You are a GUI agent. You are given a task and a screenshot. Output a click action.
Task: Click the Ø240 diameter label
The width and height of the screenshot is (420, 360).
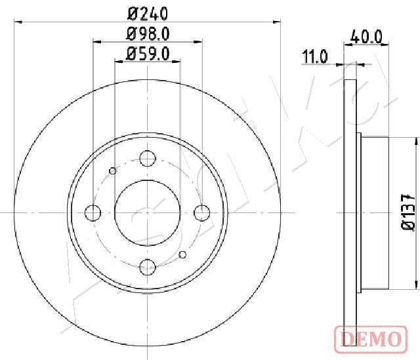point(148,14)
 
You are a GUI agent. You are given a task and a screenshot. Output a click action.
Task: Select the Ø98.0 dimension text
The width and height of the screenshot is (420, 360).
point(148,34)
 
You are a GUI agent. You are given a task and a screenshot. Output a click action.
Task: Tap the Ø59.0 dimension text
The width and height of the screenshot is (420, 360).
point(148,54)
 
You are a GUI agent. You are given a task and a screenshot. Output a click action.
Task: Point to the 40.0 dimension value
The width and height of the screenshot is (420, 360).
point(366,37)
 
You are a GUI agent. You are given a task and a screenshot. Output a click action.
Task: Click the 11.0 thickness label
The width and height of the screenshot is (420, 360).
point(315,56)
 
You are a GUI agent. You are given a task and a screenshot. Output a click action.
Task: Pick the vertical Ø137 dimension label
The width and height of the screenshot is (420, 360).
point(409,211)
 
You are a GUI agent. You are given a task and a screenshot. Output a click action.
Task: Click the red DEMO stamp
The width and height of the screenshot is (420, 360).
point(371,338)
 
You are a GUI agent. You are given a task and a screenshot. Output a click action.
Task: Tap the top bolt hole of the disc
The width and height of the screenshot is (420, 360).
point(148,158)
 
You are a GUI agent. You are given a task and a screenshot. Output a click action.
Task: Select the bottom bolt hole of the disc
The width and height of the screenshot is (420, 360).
point(148,267)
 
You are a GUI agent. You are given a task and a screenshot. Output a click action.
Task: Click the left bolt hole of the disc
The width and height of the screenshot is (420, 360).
point(93,213)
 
